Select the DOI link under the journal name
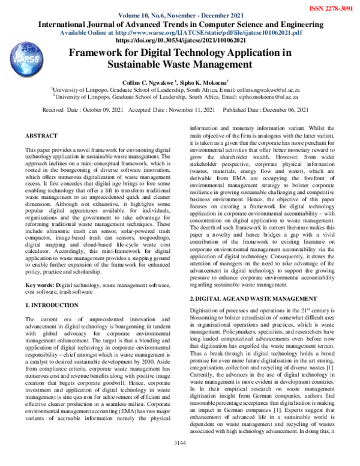[x=180, y=40]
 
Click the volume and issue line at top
[x=179, y=15]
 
